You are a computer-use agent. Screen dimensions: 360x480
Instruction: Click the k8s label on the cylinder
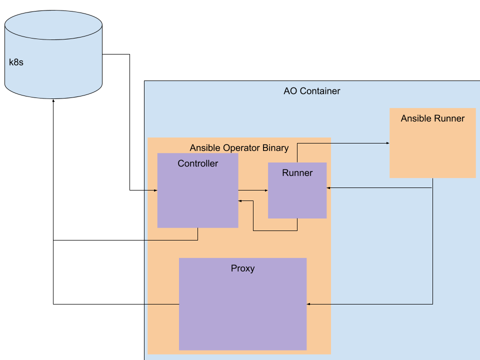(16, 63)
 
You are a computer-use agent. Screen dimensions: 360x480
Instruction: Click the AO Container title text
(311, 91)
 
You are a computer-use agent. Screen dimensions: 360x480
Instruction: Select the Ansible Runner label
(432, 118)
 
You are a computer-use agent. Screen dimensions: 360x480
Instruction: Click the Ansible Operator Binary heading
(239, 148)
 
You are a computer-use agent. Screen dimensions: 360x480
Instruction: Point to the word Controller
(197, 163)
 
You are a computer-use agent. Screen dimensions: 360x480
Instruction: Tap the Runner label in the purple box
(297, 173)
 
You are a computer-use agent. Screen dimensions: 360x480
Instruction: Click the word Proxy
(242, 268)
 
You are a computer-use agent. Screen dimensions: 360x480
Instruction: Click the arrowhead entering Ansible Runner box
(387, 143)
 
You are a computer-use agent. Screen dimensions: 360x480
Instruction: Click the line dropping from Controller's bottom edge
(197, 234)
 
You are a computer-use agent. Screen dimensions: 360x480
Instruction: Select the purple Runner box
(297, 197)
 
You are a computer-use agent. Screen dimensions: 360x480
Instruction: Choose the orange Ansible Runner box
(432, 150)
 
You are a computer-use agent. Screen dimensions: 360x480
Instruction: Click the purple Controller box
(197, 200)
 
